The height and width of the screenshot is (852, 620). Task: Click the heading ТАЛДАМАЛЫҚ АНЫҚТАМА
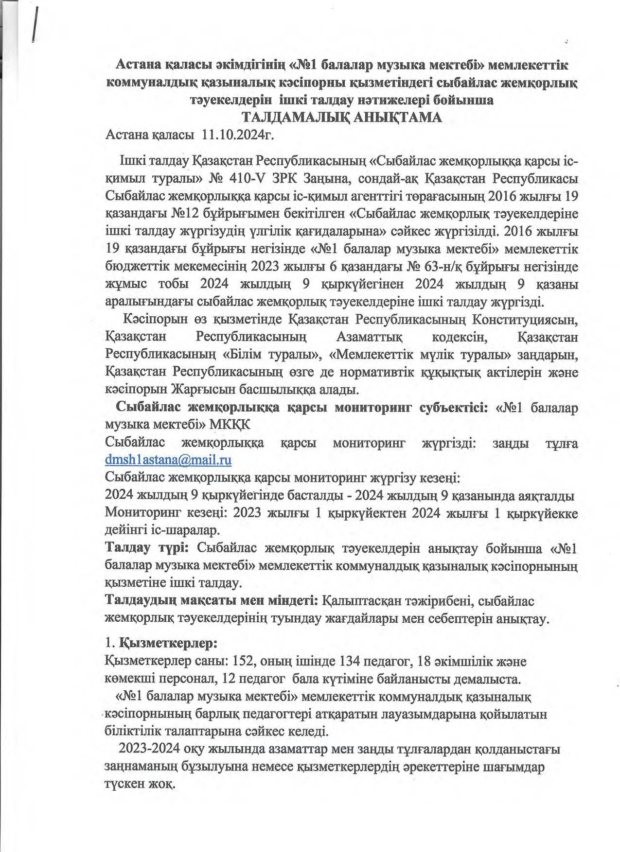(342, 118)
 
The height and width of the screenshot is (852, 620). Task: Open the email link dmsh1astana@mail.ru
(168, 459)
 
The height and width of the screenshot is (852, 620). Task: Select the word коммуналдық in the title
(148, 83)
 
